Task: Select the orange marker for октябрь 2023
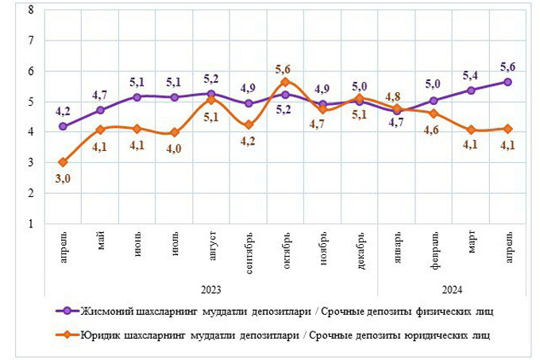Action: click(285, 82)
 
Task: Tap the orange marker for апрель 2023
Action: click(63, 162)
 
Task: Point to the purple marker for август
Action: click(211, 94)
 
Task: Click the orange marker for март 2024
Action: click(471, 130)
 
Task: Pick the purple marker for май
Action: click(100, 110)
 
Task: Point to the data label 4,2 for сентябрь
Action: click(248, 141)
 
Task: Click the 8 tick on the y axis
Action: click(29, 10)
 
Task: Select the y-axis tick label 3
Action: click(29, 163)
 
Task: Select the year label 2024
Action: click(451, 289)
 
